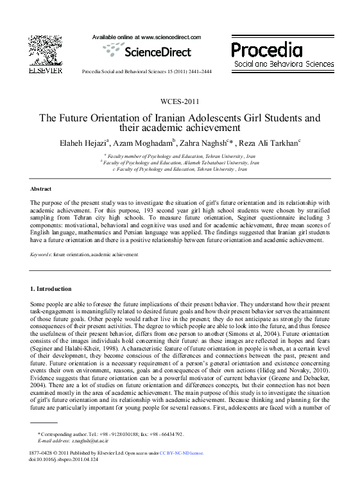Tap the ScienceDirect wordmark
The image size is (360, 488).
(157, 52)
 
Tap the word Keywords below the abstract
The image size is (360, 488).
(40, 255)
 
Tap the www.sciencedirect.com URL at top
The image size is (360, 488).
(170, 38)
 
